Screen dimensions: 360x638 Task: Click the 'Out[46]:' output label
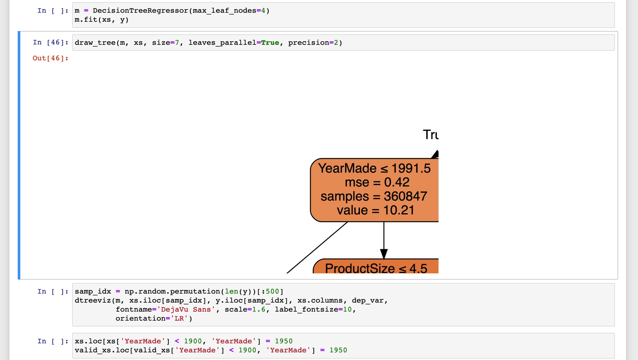point(50,58)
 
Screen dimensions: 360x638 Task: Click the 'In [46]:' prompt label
point(50,43)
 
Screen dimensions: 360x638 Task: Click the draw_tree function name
point(95,43)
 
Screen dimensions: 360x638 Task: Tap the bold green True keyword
point(270,43)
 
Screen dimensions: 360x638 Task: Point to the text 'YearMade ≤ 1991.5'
point(374,168)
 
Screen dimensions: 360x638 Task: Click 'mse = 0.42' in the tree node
point(377,183)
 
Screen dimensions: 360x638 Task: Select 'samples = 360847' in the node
point(374,196)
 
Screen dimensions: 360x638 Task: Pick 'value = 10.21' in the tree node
point(375,210)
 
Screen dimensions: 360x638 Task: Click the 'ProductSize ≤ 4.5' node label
point(376,268)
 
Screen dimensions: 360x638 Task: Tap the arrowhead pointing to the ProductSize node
point(384,254)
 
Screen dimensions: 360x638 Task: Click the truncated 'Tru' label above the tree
point(430,135)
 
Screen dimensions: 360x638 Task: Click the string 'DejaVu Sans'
point(186,309)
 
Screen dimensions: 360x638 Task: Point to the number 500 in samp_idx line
point(272,291)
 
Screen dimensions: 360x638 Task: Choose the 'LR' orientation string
point(179,319)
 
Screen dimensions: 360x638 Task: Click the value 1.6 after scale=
point(259,309)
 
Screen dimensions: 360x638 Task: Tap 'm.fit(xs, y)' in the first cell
point(102,20)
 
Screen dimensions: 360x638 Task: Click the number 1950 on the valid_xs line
point(338,350)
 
